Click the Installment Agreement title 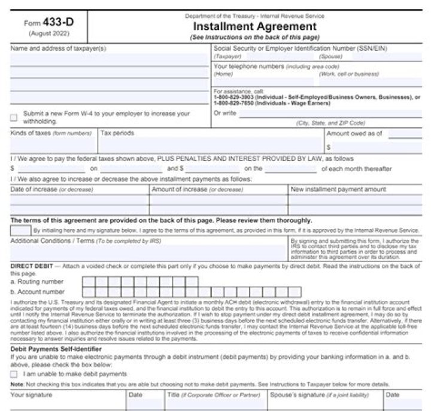point(255,26)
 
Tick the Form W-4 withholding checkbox point(14,117)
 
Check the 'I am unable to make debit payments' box point(14,374)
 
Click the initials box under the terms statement point(20,230)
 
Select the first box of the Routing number point(88,281)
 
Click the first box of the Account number point(88,292)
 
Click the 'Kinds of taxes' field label point(30,133)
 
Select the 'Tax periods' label point(117,133)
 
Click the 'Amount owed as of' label point(354,133)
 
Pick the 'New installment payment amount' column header point(338,190)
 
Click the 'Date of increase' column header point(34,190)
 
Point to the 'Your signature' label point(32,395)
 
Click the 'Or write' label point(224,112)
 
